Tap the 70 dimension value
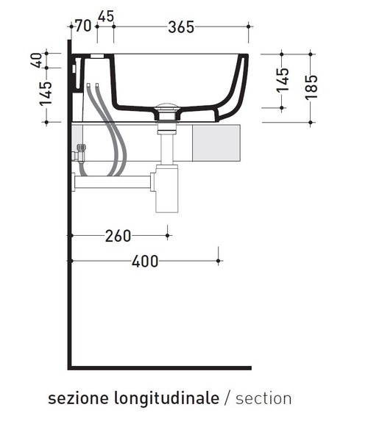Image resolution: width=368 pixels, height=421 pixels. tap(82, 26)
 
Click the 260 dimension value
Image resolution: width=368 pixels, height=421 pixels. tap(118, 236)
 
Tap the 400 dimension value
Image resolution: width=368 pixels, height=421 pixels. tap(144, 261)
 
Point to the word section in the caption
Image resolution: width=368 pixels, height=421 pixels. tap(263, 398)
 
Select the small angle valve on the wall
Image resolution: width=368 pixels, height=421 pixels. tap(79, 154)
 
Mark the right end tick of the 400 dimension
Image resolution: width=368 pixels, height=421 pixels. tap(219, 260)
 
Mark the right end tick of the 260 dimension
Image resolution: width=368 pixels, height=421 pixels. tap(169, 236)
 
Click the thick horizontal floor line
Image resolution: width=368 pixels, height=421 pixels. tap(162, 367)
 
